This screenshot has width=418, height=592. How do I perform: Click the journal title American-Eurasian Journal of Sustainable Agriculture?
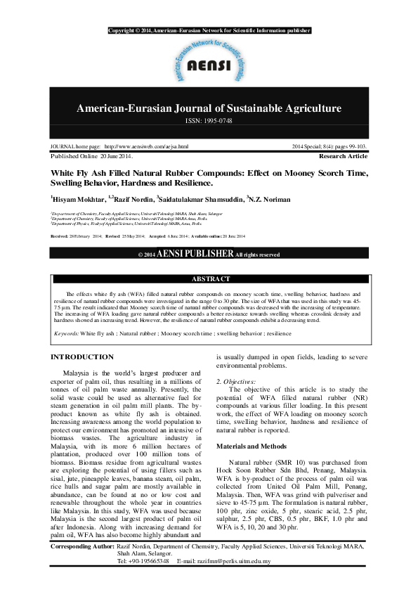coord(209,108)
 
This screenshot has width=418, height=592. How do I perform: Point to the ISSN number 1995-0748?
coord(209,121)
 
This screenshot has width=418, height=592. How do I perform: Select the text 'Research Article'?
coord(343,155)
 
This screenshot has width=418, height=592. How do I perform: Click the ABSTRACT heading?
coord(210,279)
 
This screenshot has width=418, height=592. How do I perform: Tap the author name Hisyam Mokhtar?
coord(79,200)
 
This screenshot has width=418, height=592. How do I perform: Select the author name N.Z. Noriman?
coord(269,200)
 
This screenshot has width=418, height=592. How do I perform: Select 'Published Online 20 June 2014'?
coord(91,155)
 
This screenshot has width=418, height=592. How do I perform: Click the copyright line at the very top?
coord(209,31)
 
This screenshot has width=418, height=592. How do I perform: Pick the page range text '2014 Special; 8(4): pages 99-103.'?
coord(329,146)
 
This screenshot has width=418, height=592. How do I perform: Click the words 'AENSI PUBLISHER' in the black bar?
coord(195,254)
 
